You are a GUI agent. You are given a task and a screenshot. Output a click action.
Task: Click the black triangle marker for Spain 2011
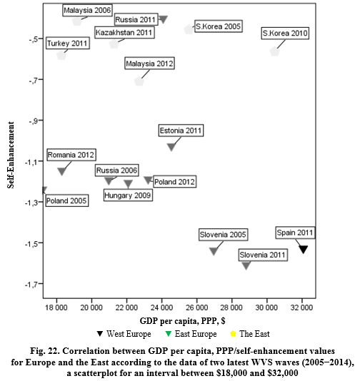304,249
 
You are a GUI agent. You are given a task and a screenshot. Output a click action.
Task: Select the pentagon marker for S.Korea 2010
274,51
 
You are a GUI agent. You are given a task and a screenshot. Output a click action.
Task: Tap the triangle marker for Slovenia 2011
246,265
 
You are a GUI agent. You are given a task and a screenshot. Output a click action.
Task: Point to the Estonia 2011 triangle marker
171,147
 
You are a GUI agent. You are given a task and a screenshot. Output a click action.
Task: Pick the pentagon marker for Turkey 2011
61,56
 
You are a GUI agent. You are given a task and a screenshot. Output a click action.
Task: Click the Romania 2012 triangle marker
61,171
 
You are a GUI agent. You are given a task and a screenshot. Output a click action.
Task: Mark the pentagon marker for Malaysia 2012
139,81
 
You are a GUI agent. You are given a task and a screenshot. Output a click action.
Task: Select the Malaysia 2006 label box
87,11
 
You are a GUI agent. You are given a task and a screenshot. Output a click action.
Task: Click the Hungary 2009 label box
128,195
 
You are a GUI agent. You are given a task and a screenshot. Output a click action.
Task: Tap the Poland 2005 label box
67,200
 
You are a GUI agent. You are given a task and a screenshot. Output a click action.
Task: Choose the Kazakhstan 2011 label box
124,33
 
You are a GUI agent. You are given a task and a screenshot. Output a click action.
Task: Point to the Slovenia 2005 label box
223,235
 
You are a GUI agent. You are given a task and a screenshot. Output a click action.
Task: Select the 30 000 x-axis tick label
266,308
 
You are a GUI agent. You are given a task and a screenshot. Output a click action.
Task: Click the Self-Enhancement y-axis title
11,155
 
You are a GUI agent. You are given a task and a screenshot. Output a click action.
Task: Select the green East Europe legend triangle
168,334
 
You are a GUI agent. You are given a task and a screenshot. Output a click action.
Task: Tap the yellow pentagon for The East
233,333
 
